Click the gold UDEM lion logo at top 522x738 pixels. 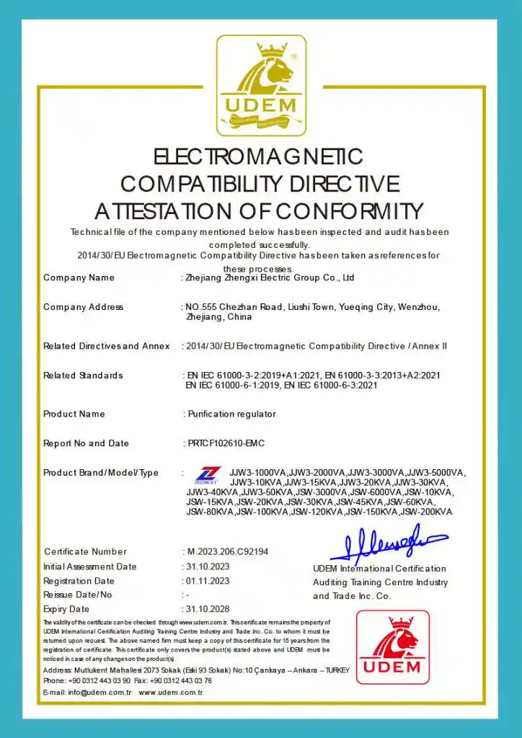coord(261,85)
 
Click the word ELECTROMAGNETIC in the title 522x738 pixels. coord(258,156)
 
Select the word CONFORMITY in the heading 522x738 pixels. coord(350,211)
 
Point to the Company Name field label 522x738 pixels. coord(79,277)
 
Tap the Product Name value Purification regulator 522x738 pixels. coord(231,414)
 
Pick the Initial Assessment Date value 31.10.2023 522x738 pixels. coord(208,566)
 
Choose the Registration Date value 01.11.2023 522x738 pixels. coord(208,581)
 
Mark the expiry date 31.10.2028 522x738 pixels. coord(208,610)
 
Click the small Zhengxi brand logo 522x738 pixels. coord(206,476)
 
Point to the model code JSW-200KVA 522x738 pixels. coord(426,512)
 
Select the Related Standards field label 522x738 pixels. coord(83,375)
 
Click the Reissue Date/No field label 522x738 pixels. coord(78,595)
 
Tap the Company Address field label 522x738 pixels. coord(83,307)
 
